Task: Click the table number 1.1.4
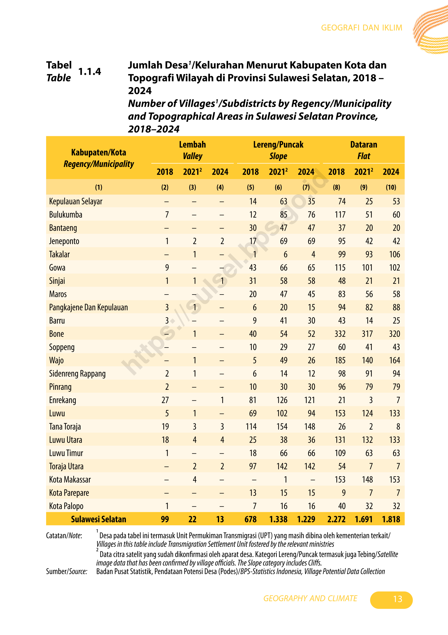90,71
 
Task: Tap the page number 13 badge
391,600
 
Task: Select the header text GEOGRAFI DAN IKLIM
361,28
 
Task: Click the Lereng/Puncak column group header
278,144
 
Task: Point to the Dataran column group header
364,144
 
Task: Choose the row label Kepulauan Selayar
76,201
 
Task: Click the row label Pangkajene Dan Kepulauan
88,307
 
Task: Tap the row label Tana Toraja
65,426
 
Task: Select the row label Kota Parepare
69,493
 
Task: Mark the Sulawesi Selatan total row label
98,519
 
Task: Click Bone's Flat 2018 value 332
340,334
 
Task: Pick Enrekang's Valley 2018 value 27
165,400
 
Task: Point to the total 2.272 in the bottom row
336,519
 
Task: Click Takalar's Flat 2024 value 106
394,254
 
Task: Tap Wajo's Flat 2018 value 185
340,360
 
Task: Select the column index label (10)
391,187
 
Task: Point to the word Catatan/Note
64,535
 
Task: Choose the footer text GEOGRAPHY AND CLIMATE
310,598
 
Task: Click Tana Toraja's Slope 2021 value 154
282,426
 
